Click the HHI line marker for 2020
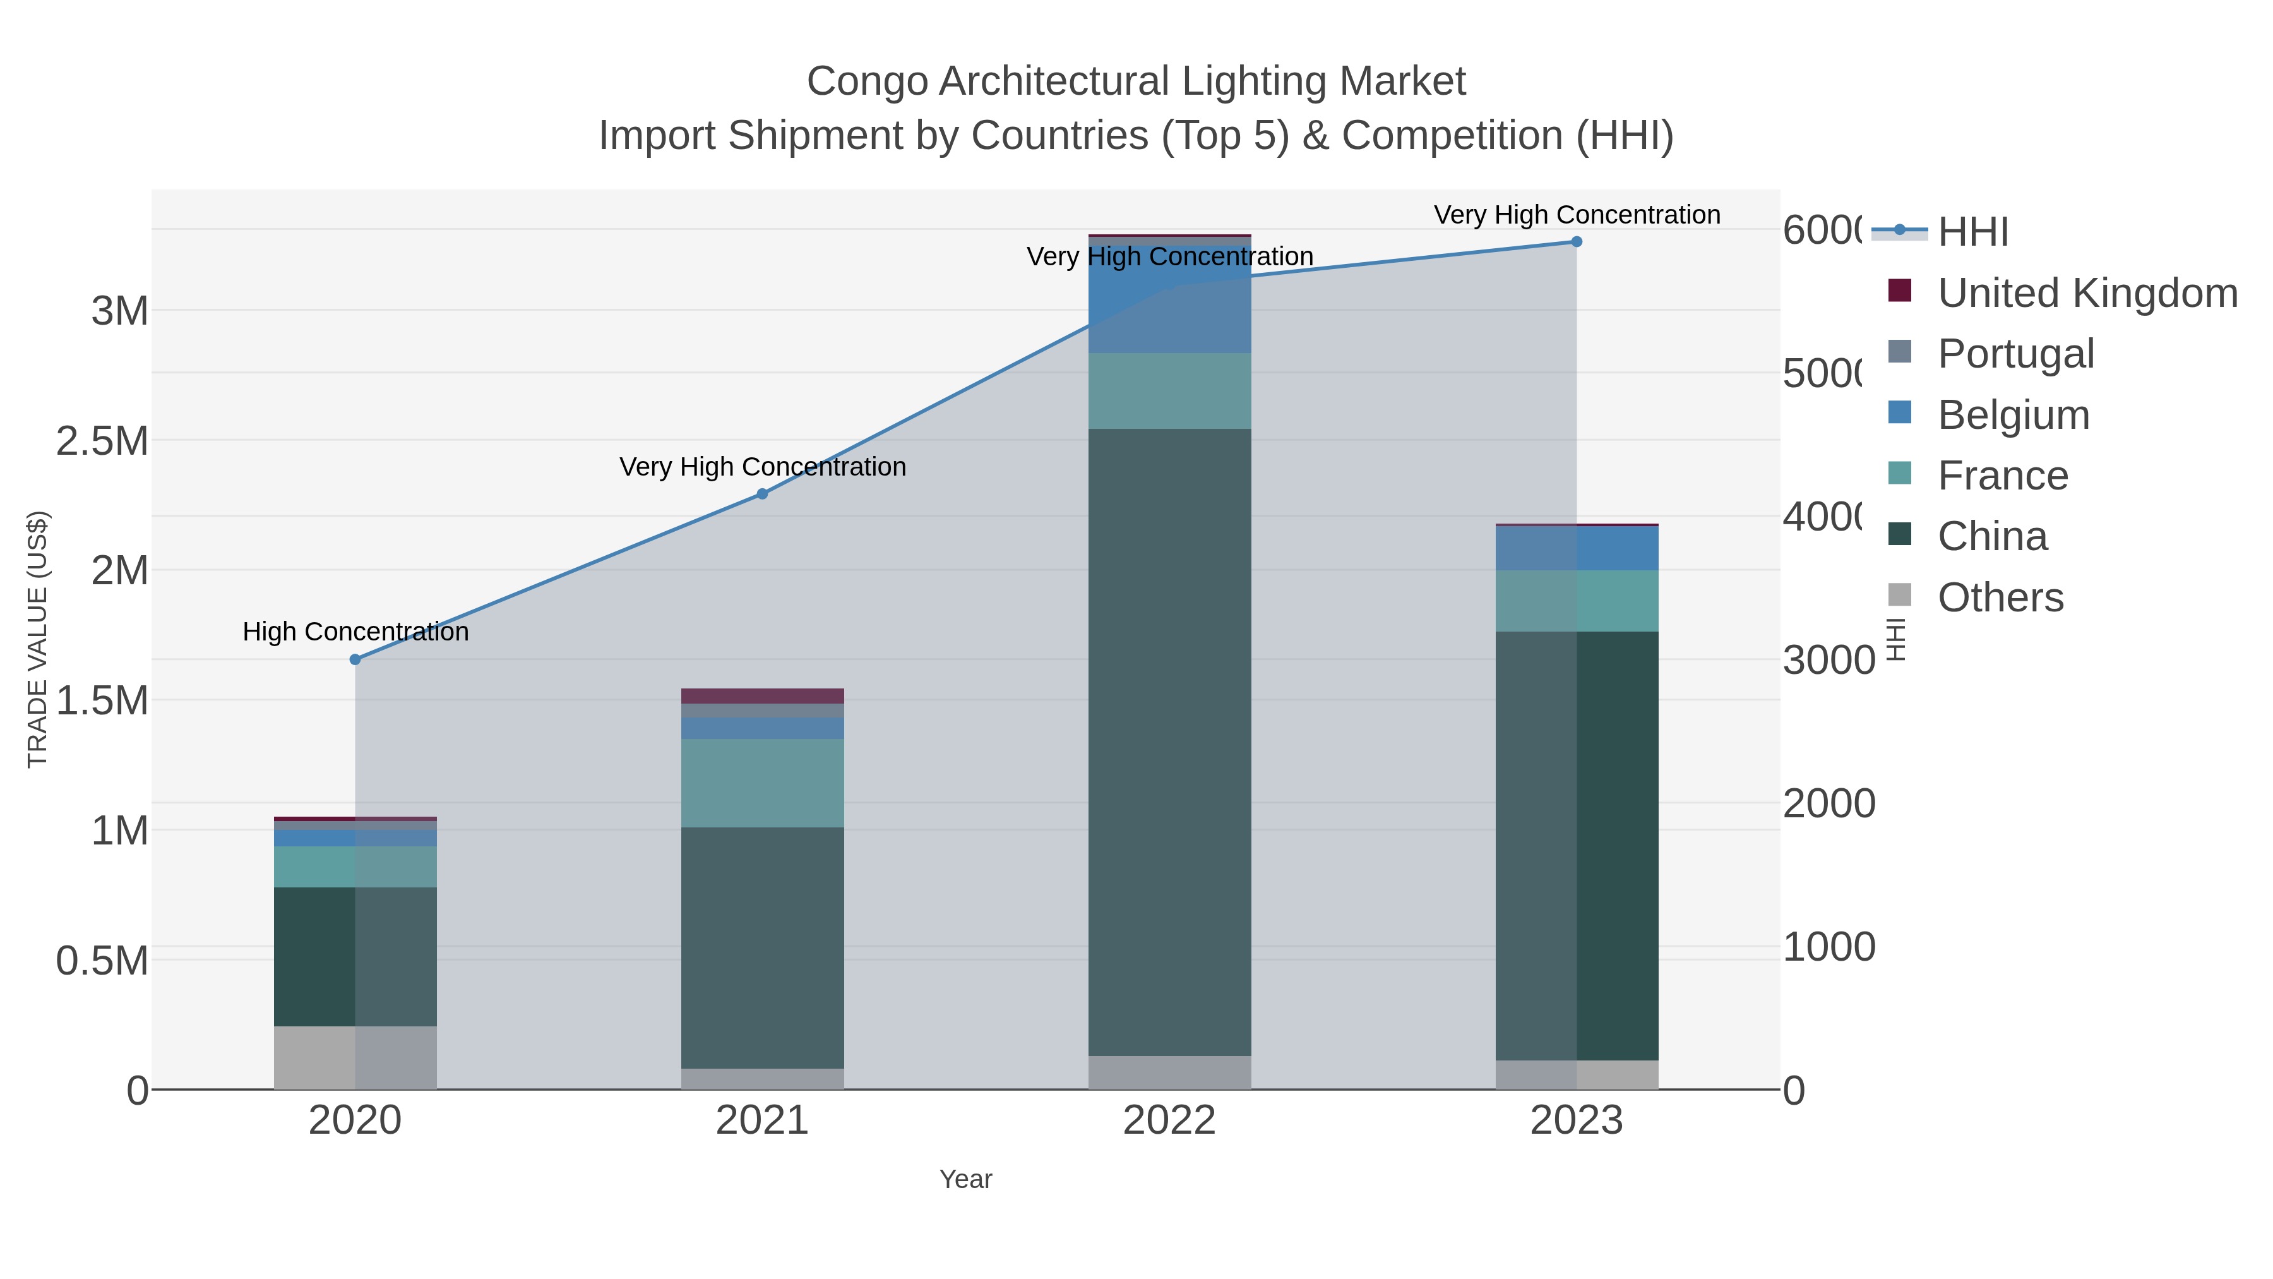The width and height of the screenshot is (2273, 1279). tap(355, 659)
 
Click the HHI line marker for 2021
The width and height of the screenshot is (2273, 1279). tap(762, 495)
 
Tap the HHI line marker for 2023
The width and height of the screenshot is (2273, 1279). tap(1577, 242)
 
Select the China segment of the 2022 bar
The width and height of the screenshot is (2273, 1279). tap(1169, 742)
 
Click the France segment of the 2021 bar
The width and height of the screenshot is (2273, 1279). tap(762, 783)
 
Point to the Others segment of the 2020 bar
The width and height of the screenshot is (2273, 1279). tap(355, 1057)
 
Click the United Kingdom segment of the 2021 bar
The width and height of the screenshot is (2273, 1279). tap(762, 695)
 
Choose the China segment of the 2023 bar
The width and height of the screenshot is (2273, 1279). tap(1577, 846)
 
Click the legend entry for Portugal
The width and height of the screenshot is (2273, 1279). tap(2015, 354)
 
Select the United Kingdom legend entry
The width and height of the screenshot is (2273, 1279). tap(2087, 293)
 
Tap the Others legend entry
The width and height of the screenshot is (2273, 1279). tap(2000, 597)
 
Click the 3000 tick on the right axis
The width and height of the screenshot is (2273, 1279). tap(1829, 660)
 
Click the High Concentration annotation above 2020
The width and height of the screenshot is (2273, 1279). tap(355, 632)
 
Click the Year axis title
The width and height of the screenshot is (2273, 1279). tap(965, 1179)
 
